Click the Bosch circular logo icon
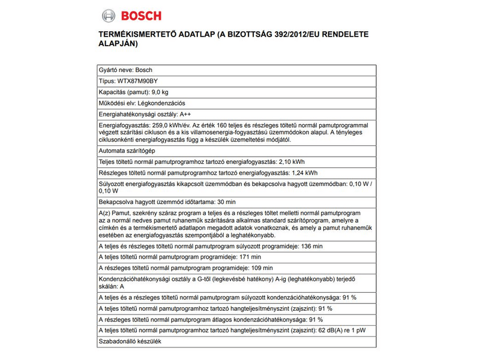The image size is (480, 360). coord(109,16)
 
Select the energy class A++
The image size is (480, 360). coord(175,115)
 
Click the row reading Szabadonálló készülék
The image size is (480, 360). coord(130,341)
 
